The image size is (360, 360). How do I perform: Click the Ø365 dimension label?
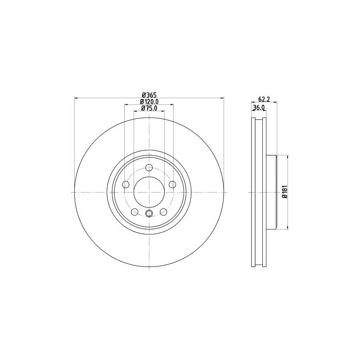[149, 94]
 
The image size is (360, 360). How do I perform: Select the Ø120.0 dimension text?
[149, 102]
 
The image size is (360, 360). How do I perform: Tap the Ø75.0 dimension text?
[149, 108]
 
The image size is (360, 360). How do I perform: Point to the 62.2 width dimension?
[264, 99]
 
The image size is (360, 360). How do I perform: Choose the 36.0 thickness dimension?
[258, 108]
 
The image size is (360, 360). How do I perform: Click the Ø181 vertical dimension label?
[284, 192]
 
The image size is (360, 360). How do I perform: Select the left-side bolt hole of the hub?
[126, 184]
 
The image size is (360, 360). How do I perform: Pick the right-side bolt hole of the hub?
[172, 184]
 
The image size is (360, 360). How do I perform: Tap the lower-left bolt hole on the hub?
[134, 212]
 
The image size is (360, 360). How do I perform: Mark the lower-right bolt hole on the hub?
[163, 212]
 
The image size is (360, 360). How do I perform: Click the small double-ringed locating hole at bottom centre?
[149, 214]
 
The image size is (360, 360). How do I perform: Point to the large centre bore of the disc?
[149, 192]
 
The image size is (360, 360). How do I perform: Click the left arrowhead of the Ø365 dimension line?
[76, 98]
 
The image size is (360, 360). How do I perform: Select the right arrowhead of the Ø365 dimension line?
[222, 98]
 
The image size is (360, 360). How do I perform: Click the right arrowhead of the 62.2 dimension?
[275, 103]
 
